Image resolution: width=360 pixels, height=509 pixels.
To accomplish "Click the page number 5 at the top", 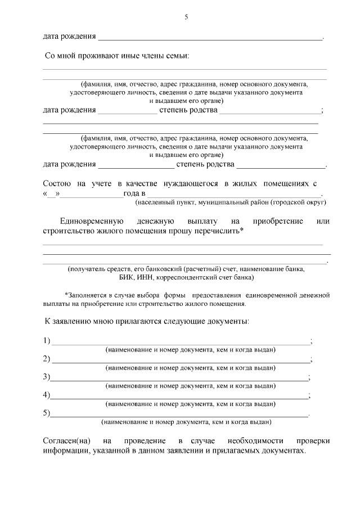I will click(186, 17).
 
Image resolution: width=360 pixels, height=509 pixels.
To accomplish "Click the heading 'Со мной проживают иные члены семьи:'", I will click(117, 56).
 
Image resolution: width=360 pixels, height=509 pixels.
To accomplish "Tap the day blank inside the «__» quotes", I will click(51, 193).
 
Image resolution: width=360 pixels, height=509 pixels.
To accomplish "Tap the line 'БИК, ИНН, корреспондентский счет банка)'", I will click(186, 277).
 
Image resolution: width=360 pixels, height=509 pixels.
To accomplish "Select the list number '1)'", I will click(47, 341).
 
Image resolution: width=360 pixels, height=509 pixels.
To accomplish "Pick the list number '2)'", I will click(47, 359).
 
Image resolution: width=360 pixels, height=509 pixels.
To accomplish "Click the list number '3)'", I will click(47, 377).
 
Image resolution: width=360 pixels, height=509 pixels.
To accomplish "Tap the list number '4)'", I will click(47, 395).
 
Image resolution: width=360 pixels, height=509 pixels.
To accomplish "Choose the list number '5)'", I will click(47, 413).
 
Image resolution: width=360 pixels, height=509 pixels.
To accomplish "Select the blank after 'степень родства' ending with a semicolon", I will click(270, 110).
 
